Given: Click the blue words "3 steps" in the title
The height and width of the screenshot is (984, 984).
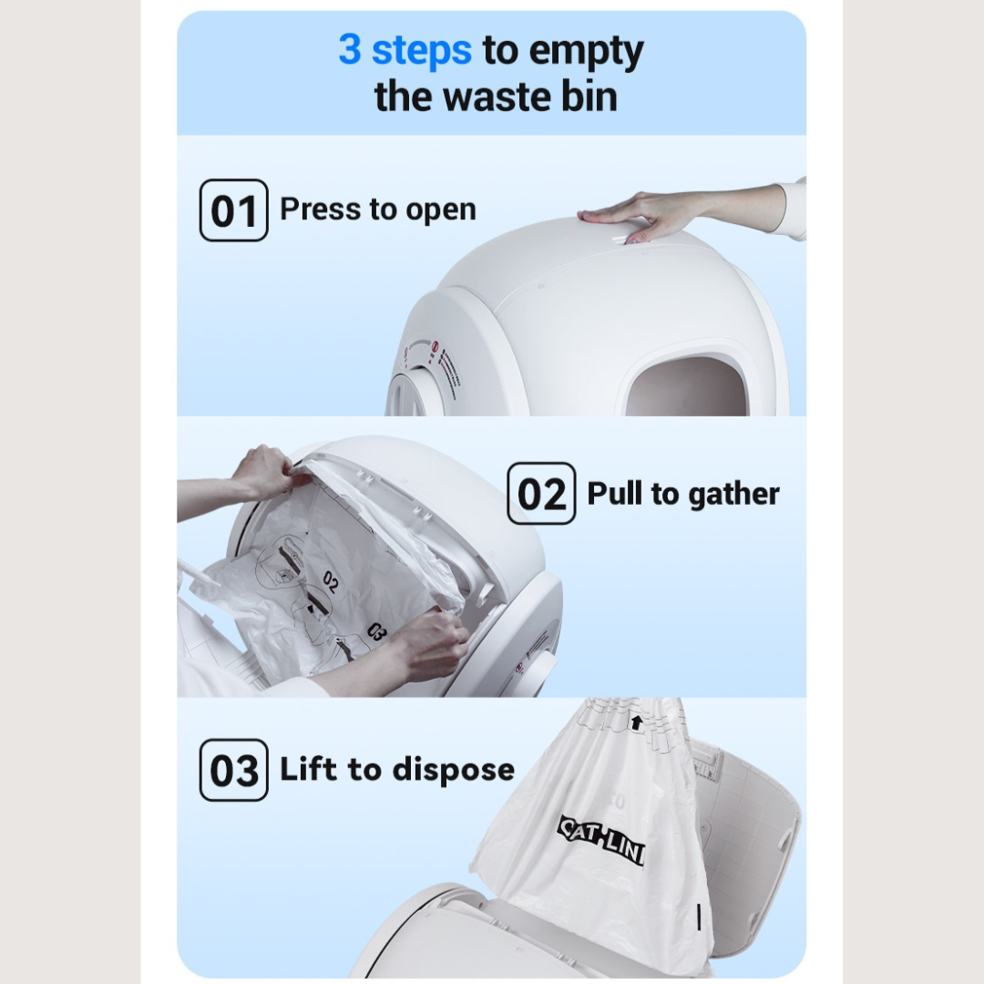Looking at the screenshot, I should [405, 50].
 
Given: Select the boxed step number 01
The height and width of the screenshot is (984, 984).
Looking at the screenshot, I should [233, 210].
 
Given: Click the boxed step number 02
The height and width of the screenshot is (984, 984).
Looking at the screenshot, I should [541, 494].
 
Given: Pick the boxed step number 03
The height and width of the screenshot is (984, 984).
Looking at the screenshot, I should [233, 770].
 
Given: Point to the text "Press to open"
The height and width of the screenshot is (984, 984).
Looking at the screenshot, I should [377, 210].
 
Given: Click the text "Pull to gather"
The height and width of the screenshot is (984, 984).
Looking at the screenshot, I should [683, 494].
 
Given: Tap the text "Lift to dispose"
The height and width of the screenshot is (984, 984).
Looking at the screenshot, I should [396, 770].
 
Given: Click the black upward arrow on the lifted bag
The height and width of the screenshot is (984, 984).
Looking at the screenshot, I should [636, 723].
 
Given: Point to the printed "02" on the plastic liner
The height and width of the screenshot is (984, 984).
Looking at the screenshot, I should [330, 581].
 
